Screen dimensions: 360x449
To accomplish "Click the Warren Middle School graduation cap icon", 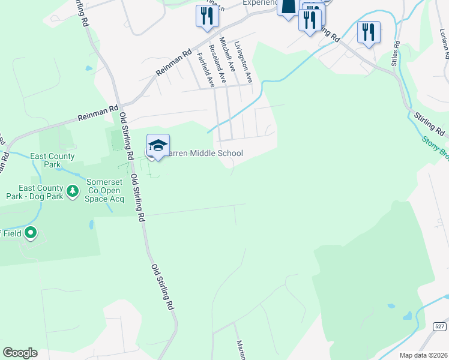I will coord(158,146).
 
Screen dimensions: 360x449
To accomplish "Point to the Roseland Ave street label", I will coord(217,63).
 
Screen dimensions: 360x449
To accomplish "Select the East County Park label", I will coord(53,160).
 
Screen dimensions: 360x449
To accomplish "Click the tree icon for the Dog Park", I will coord(73,191).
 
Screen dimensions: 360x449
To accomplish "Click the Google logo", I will coord(20,352).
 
